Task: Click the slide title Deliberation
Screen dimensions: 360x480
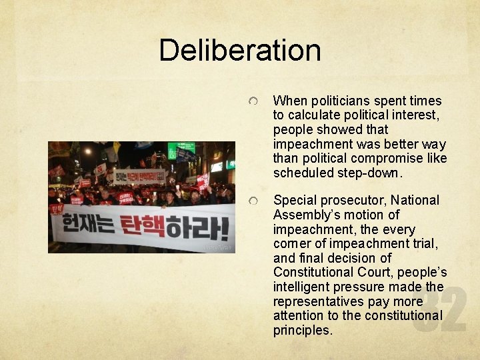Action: point(240,50)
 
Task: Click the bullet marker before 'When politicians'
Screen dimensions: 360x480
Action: point(254,101)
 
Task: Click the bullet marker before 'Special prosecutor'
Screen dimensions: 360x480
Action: point(254,200)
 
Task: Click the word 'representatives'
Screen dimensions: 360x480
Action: point(318,301)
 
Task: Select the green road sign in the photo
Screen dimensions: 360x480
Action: point(181,150)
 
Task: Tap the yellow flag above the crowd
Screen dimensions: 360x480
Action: point(118,147)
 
